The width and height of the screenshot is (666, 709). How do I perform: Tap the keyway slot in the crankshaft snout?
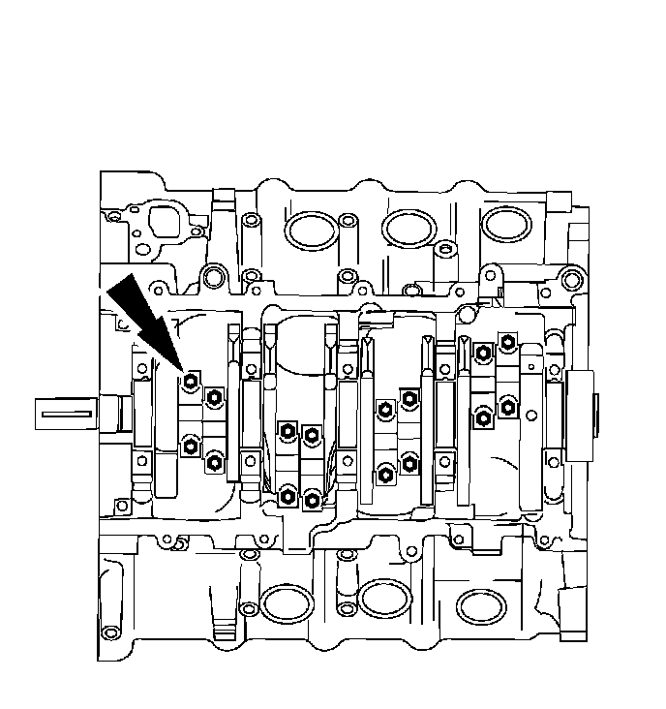(x=67, y=414)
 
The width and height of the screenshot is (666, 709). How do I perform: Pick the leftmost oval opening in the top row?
(x=309, y=229)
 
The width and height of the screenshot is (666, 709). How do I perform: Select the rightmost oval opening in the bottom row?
(x=481, y=605)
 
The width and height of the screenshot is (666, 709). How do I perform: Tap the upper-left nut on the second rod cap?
(x=287, y=432)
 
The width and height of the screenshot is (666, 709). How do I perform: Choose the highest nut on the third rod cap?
(x=409, y=398)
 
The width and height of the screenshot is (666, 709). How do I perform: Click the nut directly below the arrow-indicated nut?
(x=191, y=447)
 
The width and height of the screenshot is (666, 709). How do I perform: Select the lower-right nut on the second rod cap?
(x=312, y=500)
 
